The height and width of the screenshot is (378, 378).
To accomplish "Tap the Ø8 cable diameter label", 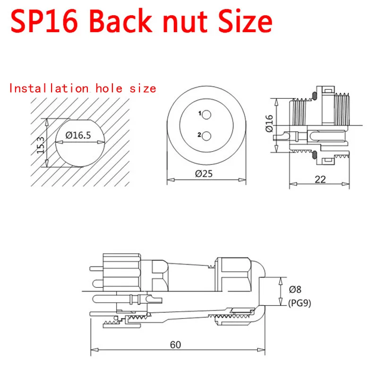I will click(295, 289).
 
